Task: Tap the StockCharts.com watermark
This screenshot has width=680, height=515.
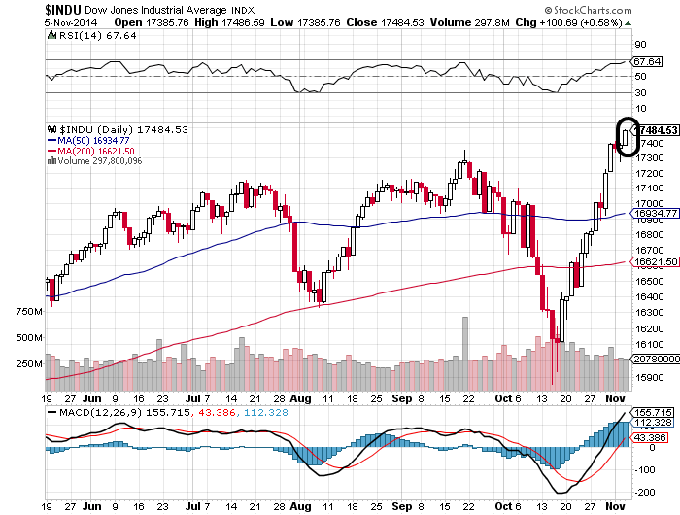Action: pyautogui.click(x=630, y=9)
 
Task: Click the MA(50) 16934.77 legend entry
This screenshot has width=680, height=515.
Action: pyautogui.click(x=92, y=140)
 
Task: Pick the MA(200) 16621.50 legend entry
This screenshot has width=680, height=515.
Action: pyautogui.click(x=95, y=151)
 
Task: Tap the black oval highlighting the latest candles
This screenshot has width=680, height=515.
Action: pyautogui.click(x=628, y=136)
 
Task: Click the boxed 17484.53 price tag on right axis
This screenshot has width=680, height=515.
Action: pyautogui.click(x=655, y=129)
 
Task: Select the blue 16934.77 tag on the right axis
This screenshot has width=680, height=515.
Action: pyautogui.click(x=655, y=212)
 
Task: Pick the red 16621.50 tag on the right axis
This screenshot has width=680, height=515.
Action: pyautogui.click(x=655, y=261)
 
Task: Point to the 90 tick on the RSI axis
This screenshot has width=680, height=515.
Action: pyautogui.click(x=641, y=45)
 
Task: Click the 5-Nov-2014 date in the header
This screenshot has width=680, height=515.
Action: pyautogui.click(x=27, y=20)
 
